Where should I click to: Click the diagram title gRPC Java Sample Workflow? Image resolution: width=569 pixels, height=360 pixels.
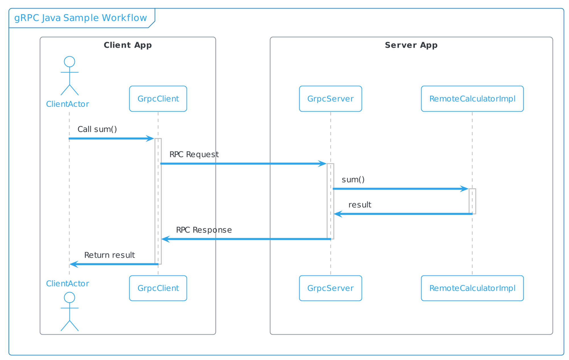[81, 18]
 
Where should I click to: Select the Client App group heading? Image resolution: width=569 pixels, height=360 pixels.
[127, 45]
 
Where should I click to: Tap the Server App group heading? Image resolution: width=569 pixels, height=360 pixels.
[411, 45]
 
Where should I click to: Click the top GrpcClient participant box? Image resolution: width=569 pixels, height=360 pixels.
[158, 99]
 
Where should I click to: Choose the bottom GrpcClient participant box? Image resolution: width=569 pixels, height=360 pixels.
[158, 288]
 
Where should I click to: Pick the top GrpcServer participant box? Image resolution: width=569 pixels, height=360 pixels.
[330, 99]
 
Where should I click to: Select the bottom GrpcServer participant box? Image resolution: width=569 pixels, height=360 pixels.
[330, 288]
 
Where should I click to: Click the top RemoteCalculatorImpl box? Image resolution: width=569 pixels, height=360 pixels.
[472, 99]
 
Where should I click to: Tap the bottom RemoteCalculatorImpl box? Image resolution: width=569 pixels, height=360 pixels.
[472, 288]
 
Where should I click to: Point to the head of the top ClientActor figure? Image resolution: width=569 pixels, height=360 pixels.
[69, 62]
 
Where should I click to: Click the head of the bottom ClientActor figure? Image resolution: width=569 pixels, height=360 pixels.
[69, 297]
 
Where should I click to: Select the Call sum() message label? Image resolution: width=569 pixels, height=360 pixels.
[97, 129]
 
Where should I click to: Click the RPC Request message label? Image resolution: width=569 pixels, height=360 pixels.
[194, 154]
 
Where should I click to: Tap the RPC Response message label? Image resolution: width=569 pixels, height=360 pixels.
[204, 230]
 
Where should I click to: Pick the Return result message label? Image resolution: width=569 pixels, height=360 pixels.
[110, 255]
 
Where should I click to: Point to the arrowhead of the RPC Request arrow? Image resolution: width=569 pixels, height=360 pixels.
[323, 164]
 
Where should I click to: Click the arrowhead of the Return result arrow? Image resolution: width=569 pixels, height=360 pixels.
[74, 264]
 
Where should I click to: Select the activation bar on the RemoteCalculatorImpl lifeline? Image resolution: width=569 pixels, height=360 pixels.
[472, 201]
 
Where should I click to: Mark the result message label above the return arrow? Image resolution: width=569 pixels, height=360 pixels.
[360, 205]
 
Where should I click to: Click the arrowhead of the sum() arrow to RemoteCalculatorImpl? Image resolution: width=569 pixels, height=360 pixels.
[464, 189]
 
